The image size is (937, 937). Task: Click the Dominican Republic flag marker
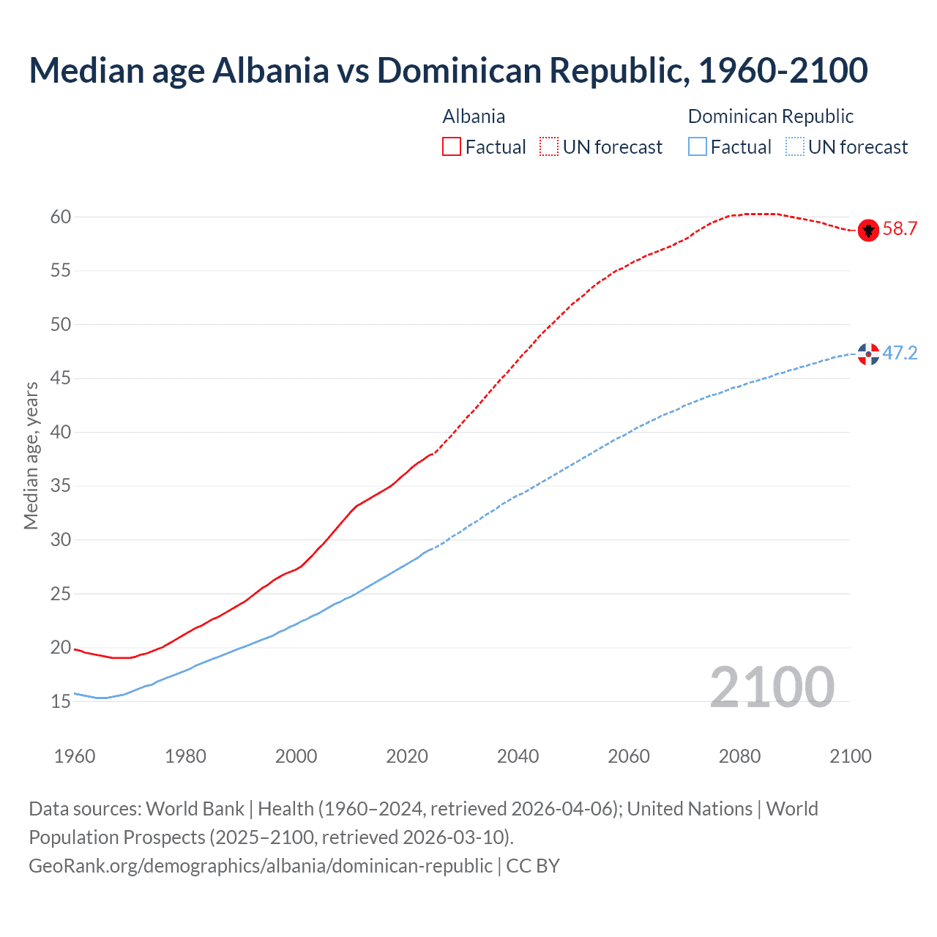(868, 354)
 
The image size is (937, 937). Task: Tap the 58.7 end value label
(900, 229)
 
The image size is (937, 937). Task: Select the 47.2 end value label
(900, 354)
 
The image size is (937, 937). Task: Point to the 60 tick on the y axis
(61, 217)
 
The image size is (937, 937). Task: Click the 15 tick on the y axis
(61, 701)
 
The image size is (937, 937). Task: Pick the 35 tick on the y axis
(61, 486)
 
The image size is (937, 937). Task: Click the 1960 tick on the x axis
(75, 756)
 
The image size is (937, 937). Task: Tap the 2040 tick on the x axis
(518, 756)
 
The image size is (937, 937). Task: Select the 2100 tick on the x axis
(851, 756)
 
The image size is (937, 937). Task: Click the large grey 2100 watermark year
(772, 687)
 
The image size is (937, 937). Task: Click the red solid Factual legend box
(452, 146)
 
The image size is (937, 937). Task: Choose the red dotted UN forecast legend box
(549, 146)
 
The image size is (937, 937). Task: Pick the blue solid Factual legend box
(698, 146)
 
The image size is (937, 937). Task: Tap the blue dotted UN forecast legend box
(794, 146)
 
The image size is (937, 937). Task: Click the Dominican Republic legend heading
(771, 116)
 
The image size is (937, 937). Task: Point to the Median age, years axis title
(31, 455)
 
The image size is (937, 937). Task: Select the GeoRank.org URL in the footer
(261, 866)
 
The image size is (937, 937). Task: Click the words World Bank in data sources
(195, 809)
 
